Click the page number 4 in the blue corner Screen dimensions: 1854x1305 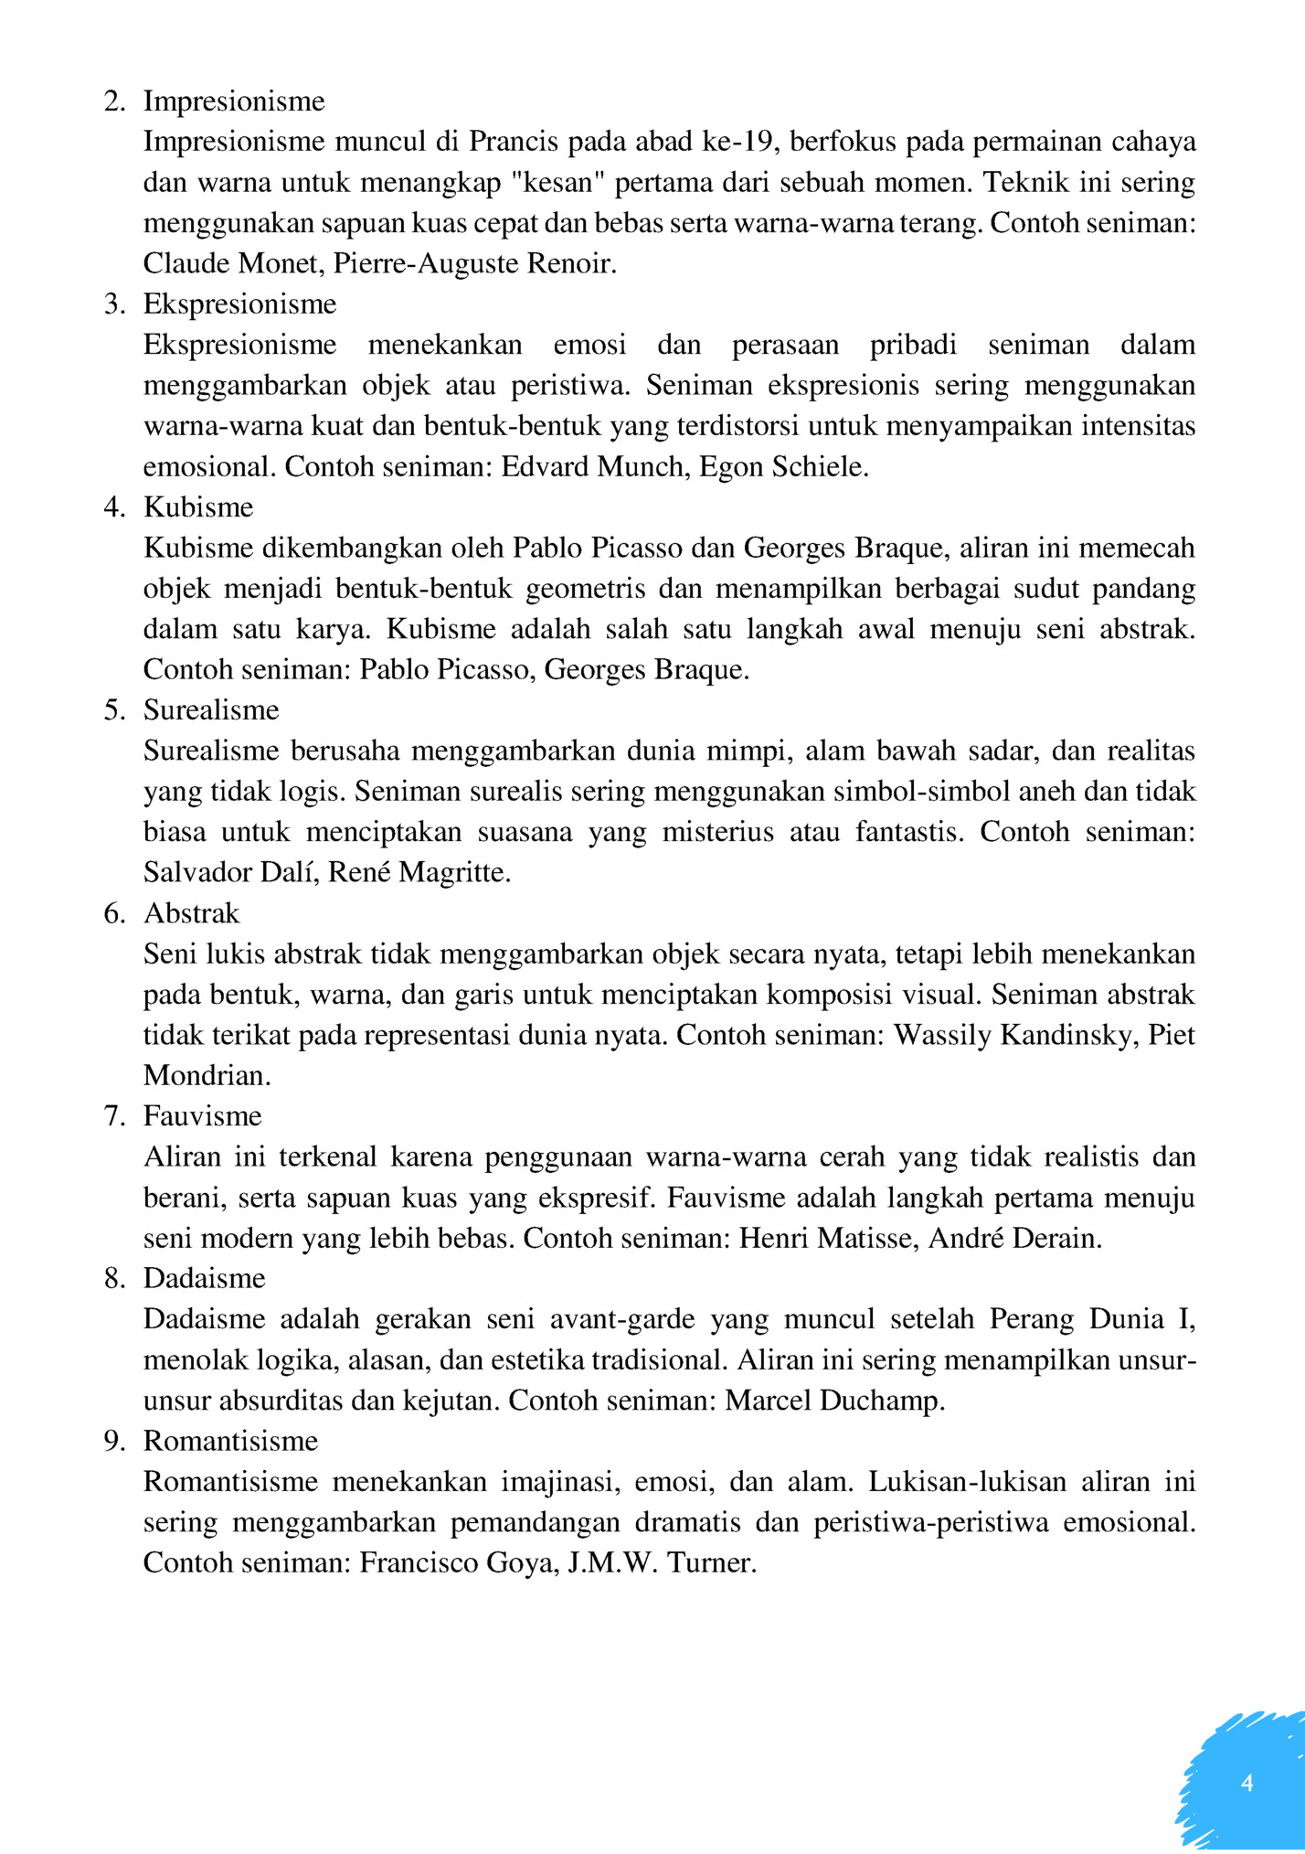pyautogui.click(x=1247, y=1783)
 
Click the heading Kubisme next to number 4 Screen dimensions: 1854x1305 pyautogui.click(x=198, y=507)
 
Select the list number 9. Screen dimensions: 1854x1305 pyautogui.click(x=114, y=1442)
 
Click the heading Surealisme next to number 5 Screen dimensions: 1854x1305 pyautogui.click(x=211, y=710)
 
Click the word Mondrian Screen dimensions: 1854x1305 pyautogui.click(x=207, y=1076)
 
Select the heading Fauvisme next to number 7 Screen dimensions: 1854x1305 pyautogui.click(x=202, y=1116)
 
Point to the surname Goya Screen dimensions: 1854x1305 pyautogui.click(x=521, y=1563)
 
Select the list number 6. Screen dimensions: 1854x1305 pyautogui.click(x=114, y=914)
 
